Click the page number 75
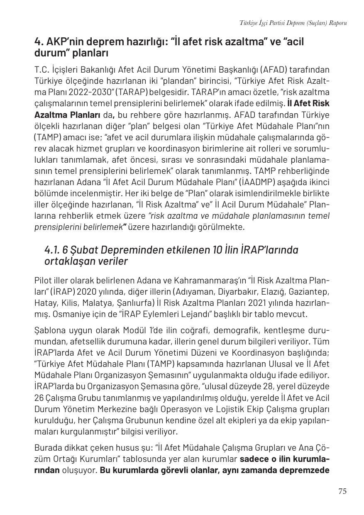coord(342,491)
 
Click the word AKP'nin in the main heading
coord(64,42)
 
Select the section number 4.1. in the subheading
coord(52,250)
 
